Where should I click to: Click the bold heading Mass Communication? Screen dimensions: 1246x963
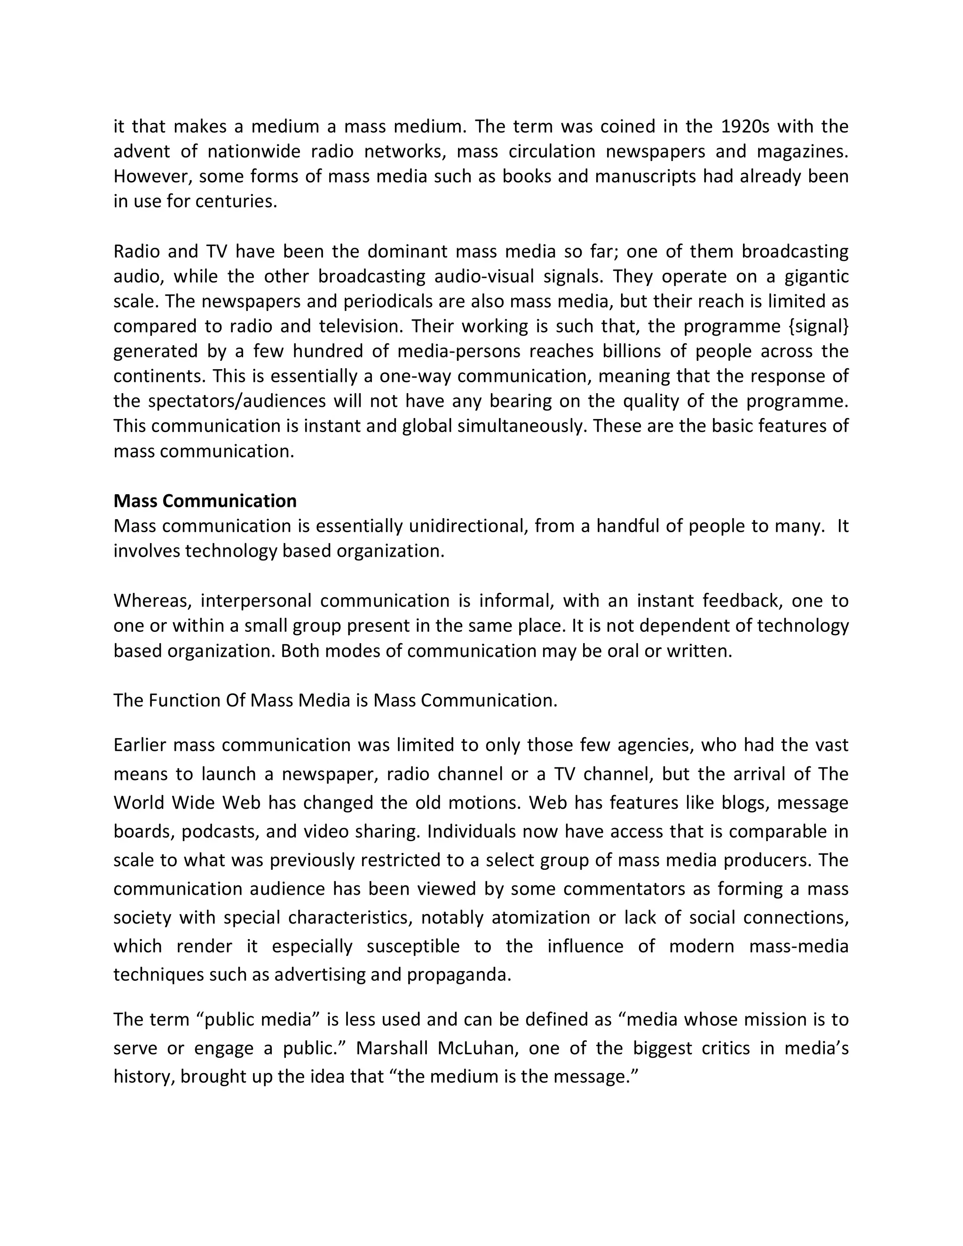(205, 501)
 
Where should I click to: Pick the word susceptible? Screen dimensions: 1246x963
(412, 946)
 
